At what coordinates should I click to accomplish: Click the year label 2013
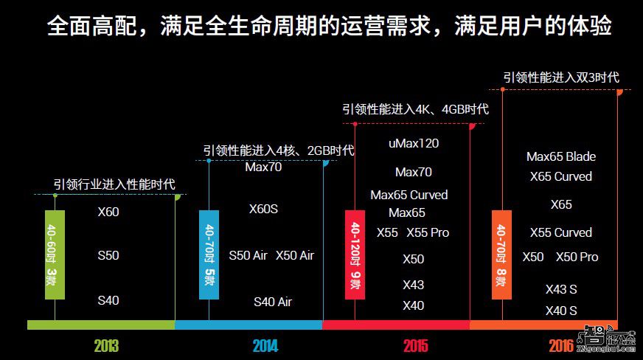(x=106, y=345)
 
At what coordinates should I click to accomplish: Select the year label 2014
(x=265, y=345)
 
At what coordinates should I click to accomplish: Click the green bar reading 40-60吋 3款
(x=55, y=255)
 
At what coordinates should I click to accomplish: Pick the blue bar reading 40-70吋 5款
(x=209, y=255)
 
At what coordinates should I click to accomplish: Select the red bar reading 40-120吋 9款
(x=355, y=255)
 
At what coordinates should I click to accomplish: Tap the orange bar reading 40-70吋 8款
(x=502, y=255)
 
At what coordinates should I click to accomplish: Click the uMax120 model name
(x=413, y=143)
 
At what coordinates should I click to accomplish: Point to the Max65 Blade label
(x=560, y=156)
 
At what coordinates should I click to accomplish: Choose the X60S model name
(x=263, y=209)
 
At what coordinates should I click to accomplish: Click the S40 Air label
(x=273, y=302)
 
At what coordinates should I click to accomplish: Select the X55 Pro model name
(x=428, y=232)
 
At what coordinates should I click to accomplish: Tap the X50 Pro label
(x=577, y=257)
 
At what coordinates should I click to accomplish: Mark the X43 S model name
(x=561, y=289)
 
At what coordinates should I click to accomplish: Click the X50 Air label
(x=295, y=255)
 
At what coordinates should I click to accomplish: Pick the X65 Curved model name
(x=560, y=176)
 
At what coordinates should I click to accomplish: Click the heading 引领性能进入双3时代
(x=560, y=77)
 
